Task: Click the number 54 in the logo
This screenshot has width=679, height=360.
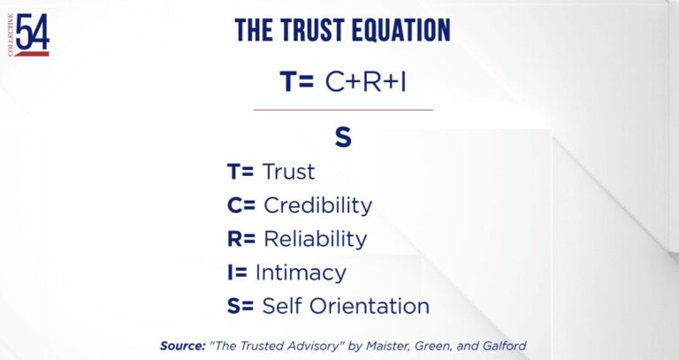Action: [x=32, y=32]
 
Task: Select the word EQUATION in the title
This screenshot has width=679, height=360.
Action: [x=401, y=30]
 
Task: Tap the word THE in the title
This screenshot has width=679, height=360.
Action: [x=255, y=30]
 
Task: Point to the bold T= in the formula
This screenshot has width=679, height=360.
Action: [x=297, y=81]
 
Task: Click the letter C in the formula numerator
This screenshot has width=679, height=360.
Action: [x=335, y=81]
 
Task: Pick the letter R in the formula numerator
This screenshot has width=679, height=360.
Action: [x=373, y=81]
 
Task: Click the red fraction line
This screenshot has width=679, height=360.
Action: [x=343, y=110]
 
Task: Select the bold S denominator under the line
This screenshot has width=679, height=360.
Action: [x=343, y=138]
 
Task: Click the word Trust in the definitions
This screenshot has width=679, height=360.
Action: [x=288, y=172]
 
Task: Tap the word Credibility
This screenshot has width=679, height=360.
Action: [x=318, y=205]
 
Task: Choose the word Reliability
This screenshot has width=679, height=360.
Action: [x=316, y=239]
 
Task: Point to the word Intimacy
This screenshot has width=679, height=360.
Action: [x=301, y=273]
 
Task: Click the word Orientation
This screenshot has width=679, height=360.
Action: [x=370, y=306]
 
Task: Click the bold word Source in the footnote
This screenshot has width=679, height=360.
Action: [x=182, y=346]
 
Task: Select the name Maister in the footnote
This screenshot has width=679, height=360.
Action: [x=388, y=346]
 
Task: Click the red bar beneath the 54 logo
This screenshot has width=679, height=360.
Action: [x=32, y=54]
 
